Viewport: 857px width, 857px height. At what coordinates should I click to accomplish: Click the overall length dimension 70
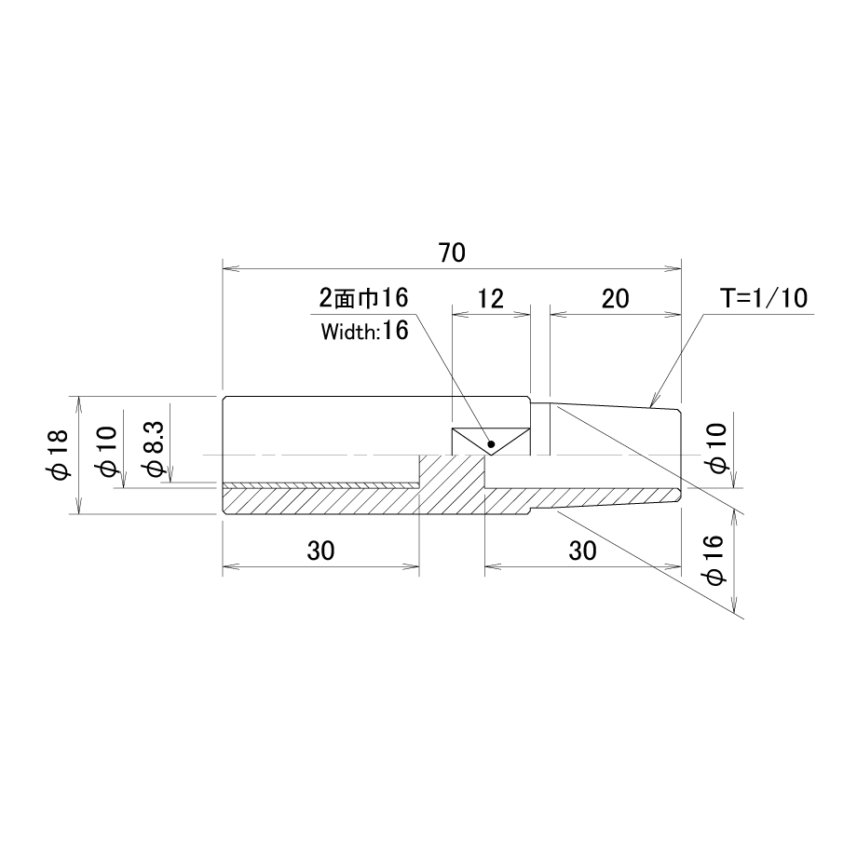[452, 252]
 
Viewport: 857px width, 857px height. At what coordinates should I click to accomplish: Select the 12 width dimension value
[490, 298]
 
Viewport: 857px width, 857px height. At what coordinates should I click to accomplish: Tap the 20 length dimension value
[616, 298]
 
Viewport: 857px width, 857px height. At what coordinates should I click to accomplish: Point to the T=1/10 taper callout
[763, 298]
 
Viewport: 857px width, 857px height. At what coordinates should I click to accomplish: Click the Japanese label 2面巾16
[363, 298]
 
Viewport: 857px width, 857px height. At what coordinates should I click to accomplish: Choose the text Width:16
[364, 332]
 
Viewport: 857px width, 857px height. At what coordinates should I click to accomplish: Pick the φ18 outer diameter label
[59, 455]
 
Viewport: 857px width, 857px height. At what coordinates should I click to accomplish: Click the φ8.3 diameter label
[153, 452]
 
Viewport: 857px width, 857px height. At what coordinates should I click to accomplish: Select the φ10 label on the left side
[106, 451]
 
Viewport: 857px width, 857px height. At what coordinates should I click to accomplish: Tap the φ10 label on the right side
[716, 448]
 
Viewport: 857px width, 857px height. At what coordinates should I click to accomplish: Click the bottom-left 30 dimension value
[320, 551]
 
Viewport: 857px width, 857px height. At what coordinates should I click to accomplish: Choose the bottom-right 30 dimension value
[582, 551]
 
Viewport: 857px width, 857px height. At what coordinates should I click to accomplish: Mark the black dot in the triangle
[491, 443]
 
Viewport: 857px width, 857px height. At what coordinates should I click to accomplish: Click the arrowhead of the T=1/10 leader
[653, 401]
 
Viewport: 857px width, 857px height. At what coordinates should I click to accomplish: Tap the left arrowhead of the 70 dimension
[231, 268]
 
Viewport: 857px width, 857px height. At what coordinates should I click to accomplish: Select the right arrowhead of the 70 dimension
[673, 268]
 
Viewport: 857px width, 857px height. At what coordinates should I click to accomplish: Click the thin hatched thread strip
[320, 485]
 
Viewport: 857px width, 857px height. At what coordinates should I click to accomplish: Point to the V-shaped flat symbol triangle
[491, 442]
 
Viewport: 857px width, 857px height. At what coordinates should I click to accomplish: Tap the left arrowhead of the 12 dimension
[460, 314]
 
